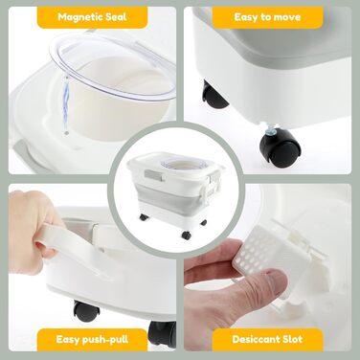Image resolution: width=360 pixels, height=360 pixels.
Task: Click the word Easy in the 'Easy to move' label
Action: (245, 17)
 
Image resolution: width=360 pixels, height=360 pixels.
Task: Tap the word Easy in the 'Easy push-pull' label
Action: (68, 339)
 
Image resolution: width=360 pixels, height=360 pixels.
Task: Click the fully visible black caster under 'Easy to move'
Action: (281, 148)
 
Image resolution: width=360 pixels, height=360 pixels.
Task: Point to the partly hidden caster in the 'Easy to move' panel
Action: (214, 95)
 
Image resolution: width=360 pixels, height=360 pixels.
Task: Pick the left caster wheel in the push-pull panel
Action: (86, 310)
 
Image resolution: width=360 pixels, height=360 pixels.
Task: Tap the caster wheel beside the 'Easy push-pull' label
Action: (162, 333)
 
